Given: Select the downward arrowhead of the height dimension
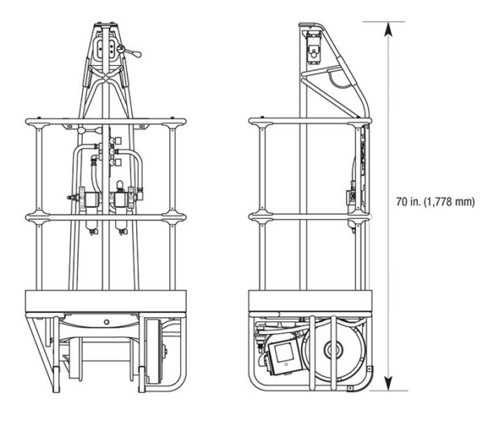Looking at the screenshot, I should click(389, 384).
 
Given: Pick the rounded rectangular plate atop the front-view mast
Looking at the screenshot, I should click(103, 50).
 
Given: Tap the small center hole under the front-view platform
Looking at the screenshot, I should click(105, 321).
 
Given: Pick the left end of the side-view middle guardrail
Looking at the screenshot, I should click(254, 216).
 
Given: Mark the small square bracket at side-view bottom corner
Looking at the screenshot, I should click(351, 390).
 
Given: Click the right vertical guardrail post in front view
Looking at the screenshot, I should click(171, 209).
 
